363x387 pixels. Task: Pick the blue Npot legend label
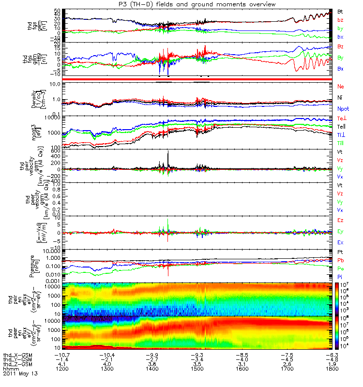coord(343,110)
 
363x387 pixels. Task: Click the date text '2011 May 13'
coord(20,373)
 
